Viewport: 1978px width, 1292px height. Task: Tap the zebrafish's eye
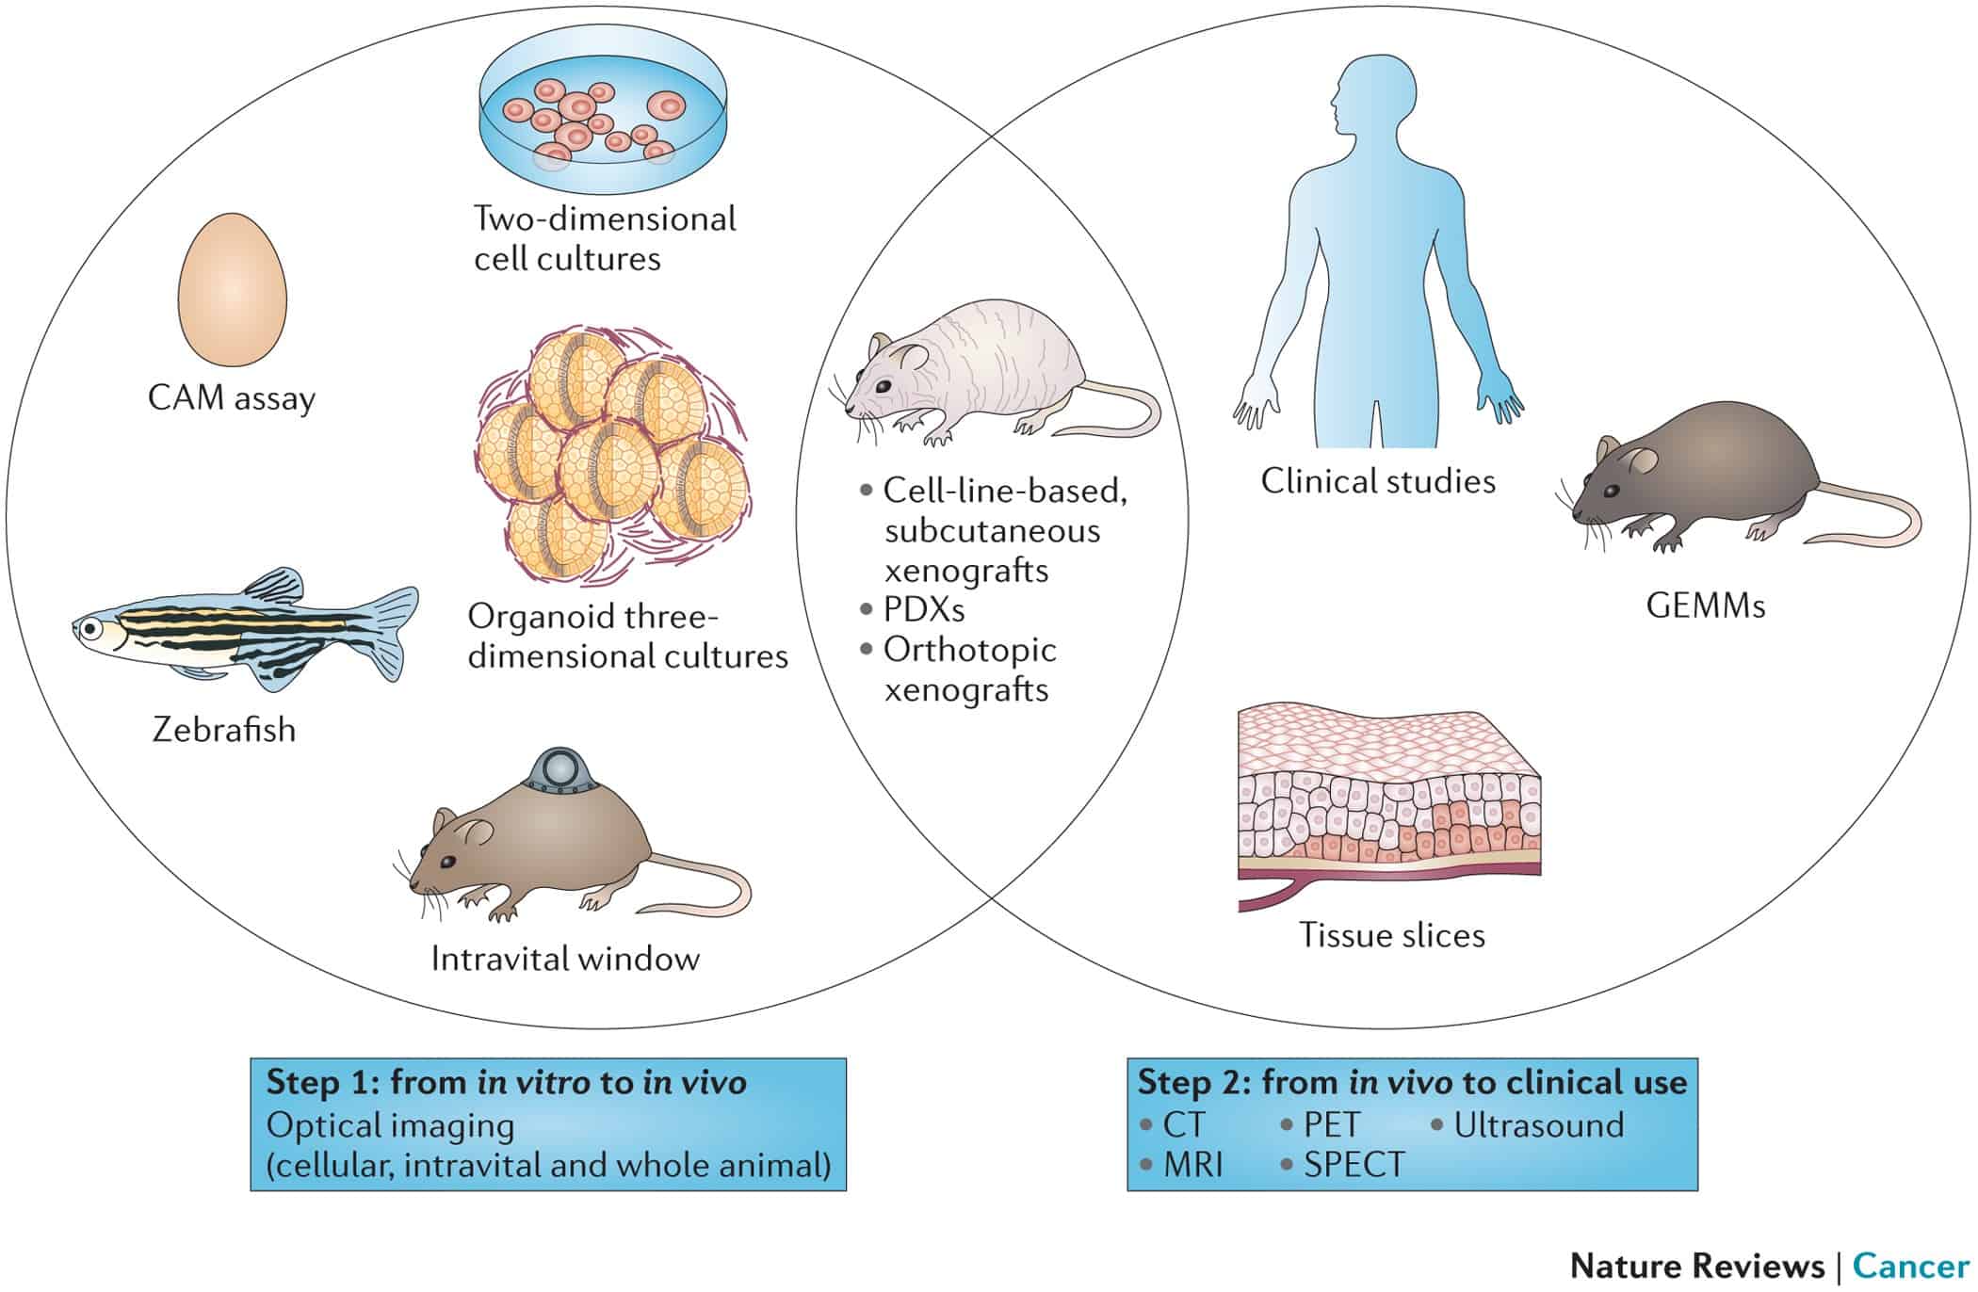[x=89, y=627]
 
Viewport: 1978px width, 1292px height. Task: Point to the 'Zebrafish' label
[x=224, y=730]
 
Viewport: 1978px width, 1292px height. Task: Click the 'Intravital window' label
[x=565, y=959]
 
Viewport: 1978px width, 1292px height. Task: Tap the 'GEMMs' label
[x=1705, y=606]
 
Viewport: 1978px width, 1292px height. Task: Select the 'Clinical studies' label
[x=1378, y=481]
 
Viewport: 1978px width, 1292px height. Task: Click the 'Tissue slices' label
[x=1391, y=935]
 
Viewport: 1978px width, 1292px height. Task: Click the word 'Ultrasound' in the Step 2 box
[x=1539, y=1124]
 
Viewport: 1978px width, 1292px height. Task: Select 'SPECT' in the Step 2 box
[x=1354, y=1165]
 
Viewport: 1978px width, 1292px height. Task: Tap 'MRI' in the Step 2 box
[x=1192, y=1165]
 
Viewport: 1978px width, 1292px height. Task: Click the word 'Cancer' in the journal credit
[x=1910, y=1265]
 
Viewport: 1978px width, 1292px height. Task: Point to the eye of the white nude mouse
[x=881, y=386]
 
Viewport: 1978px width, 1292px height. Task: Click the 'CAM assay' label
[x=232, y=398]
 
